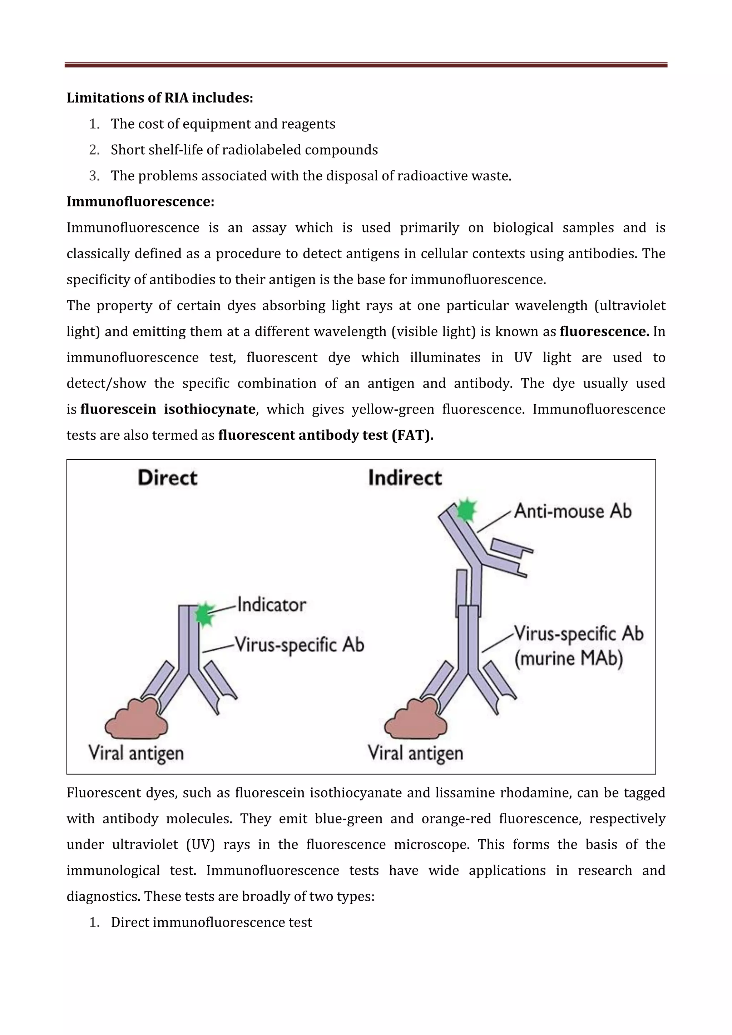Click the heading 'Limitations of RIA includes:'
click(160, 98)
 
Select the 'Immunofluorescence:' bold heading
click(140, 201)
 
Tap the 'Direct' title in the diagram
click(167, 478)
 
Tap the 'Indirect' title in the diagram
click(405, 478)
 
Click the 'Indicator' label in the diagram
click(272, 605)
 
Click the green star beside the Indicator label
click(205, 614)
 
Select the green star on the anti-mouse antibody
click(466, 510)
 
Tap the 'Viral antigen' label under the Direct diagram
click(136, 753)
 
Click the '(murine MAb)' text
click(568, 659)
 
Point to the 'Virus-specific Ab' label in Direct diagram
click(300, 645)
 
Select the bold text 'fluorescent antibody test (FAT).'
click(325, 435)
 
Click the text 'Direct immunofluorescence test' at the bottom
click(211, 922)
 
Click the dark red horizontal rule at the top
click(365, 65)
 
